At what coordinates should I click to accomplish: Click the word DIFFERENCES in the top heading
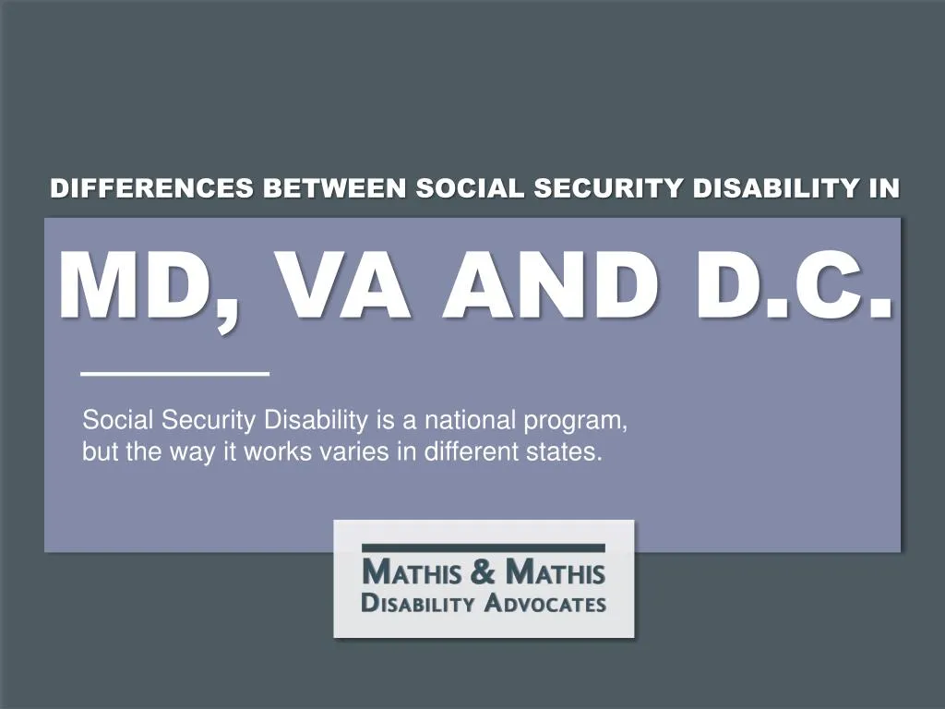(x=152, y=188)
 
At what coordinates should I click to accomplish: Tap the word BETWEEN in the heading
(x=334, y=188)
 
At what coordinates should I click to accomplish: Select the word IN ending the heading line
(x=883, y=188)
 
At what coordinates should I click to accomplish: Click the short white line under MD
(x=174, y=373)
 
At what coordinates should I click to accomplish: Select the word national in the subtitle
(x=472, y=421)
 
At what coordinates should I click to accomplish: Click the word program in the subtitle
(x=576, y=423)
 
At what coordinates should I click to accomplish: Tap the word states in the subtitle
(x=569, y=453)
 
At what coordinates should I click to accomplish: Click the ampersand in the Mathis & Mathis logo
(x=483, y=574)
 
